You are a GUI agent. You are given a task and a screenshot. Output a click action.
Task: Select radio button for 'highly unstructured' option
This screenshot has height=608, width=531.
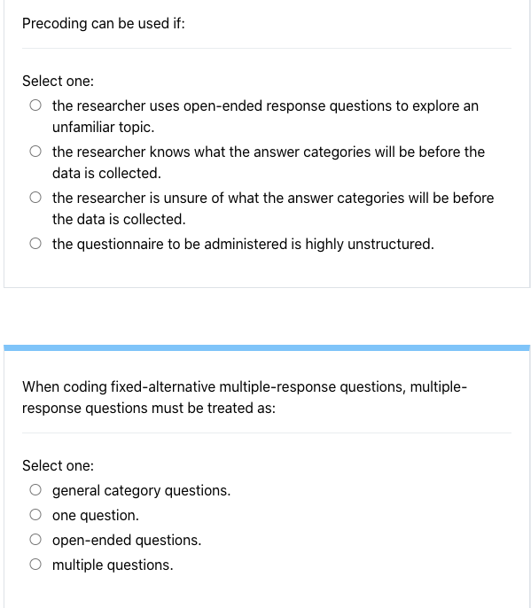[35, 244]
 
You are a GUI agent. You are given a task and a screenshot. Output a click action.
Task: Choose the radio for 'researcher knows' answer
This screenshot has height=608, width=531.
[35, 152]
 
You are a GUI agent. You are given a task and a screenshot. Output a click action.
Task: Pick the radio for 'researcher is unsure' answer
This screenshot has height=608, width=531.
[35, 198]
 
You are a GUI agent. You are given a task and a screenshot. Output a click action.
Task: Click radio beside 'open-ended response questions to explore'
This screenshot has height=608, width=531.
[35, 105]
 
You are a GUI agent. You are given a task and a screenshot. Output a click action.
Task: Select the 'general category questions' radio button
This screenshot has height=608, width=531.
[35, 490]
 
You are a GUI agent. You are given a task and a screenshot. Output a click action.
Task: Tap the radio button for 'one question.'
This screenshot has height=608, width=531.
[35, 515]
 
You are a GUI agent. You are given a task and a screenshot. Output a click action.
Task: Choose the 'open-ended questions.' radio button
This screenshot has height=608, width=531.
[35, 540]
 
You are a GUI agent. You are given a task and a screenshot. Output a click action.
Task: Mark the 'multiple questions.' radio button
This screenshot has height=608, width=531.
[35, 565]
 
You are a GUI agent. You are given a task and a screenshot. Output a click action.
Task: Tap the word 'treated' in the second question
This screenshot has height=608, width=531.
[230, 409]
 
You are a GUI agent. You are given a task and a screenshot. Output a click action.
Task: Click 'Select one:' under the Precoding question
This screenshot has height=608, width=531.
[58, 81]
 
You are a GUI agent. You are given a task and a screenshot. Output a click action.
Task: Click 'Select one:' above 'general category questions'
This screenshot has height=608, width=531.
[58, 465]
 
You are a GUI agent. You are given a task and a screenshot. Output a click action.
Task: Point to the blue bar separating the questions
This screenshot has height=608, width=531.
[266, 347]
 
